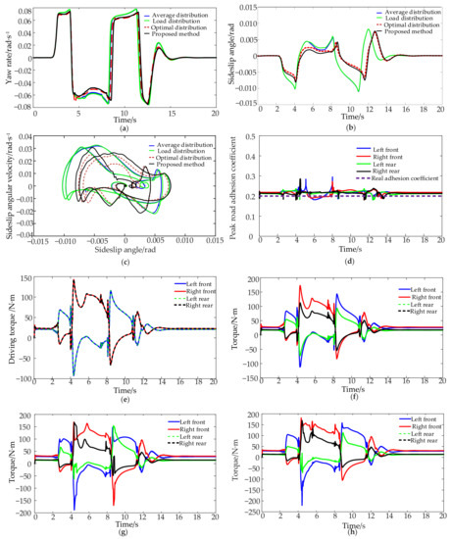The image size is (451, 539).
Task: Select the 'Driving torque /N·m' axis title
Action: (8, 328)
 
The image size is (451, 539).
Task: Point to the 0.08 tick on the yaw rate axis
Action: (24, 12)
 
